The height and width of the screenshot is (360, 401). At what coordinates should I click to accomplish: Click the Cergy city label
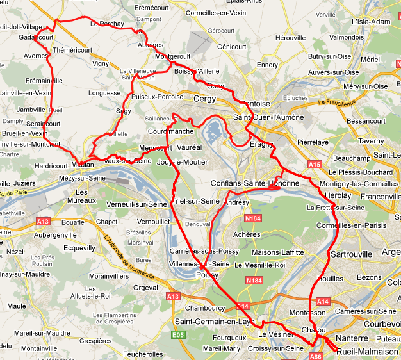(x=204, y=99)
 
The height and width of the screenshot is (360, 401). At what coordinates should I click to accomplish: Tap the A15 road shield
(x=315, y=165)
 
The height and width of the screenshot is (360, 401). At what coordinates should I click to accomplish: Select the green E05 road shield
(x=177, y=334)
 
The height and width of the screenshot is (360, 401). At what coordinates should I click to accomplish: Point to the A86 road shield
(x=315, y=356)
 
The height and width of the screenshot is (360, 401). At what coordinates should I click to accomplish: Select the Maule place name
(x=16, y=306)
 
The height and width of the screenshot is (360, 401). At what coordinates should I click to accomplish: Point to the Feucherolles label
(x=142, y=354)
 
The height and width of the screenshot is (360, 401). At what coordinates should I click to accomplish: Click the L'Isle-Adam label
(x=371, y=22)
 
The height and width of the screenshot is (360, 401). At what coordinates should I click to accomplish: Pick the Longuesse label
(x=104, y=93)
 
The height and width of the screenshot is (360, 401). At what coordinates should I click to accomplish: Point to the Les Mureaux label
(x=81, y=197)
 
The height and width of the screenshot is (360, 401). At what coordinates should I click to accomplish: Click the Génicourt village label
(x=232, y=47)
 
